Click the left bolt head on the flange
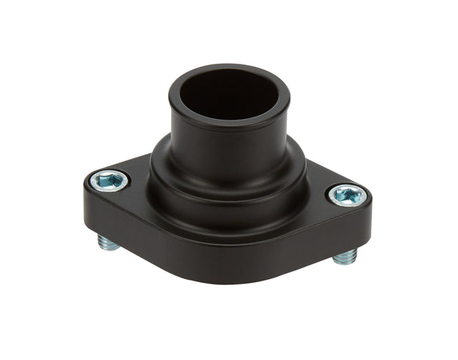point(110,180)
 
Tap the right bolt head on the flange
point(348,194)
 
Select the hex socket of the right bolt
point(349,193)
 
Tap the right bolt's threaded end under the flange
point(345,256)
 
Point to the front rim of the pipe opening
point(229,120)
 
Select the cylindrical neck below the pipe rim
point(229,143)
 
